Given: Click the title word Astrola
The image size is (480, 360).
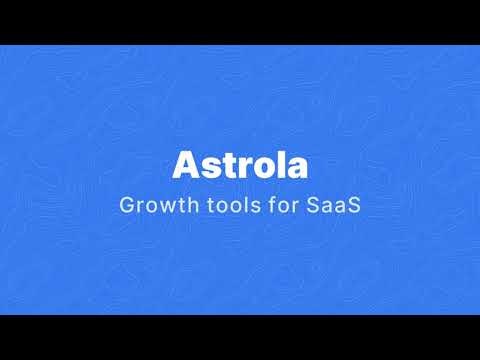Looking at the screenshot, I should (x=240, y=164).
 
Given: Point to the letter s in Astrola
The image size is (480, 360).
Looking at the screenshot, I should (x=207, y=166).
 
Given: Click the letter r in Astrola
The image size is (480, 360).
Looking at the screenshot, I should (x=238, y=166).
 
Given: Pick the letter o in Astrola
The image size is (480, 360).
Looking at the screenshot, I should (x=256, y=166).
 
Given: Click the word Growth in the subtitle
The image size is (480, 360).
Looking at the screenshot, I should (x=152, y=207).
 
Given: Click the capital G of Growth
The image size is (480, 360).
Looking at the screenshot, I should (x=125, y=207).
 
